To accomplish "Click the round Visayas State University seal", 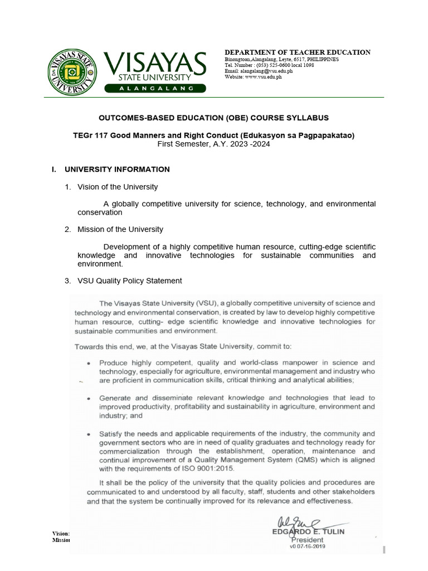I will (71, 72).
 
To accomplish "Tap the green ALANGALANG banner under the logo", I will (155, 88).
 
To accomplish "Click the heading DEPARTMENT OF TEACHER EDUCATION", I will (297, 52).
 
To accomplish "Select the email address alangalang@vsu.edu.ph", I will (260, 71).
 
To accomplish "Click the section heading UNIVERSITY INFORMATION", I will (117, 170).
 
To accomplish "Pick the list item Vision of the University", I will (118, 187).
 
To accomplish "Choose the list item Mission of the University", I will (120, 229).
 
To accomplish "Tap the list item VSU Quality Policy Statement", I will (129, 280).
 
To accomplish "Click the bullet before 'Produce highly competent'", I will (90, 363).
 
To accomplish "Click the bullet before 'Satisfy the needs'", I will (90, 434).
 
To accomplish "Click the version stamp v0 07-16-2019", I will (307, 546).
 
